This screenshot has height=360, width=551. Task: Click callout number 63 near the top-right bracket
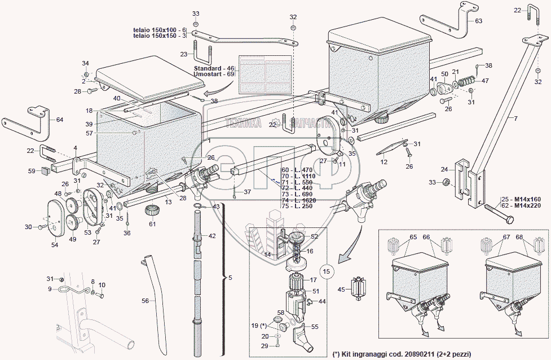(478, 21)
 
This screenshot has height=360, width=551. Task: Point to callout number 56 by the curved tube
(145, 301)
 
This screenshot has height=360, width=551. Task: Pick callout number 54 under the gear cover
(55, 244)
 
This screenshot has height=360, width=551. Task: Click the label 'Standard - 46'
(213, 68)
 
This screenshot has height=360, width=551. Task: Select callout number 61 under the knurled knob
(152, 224)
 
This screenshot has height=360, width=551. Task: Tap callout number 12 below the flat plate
(384, 162)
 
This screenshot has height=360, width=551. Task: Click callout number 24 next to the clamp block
(444, 169)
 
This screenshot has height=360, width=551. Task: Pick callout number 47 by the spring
(485, 81)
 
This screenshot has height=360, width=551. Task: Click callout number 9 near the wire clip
(50, 289)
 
